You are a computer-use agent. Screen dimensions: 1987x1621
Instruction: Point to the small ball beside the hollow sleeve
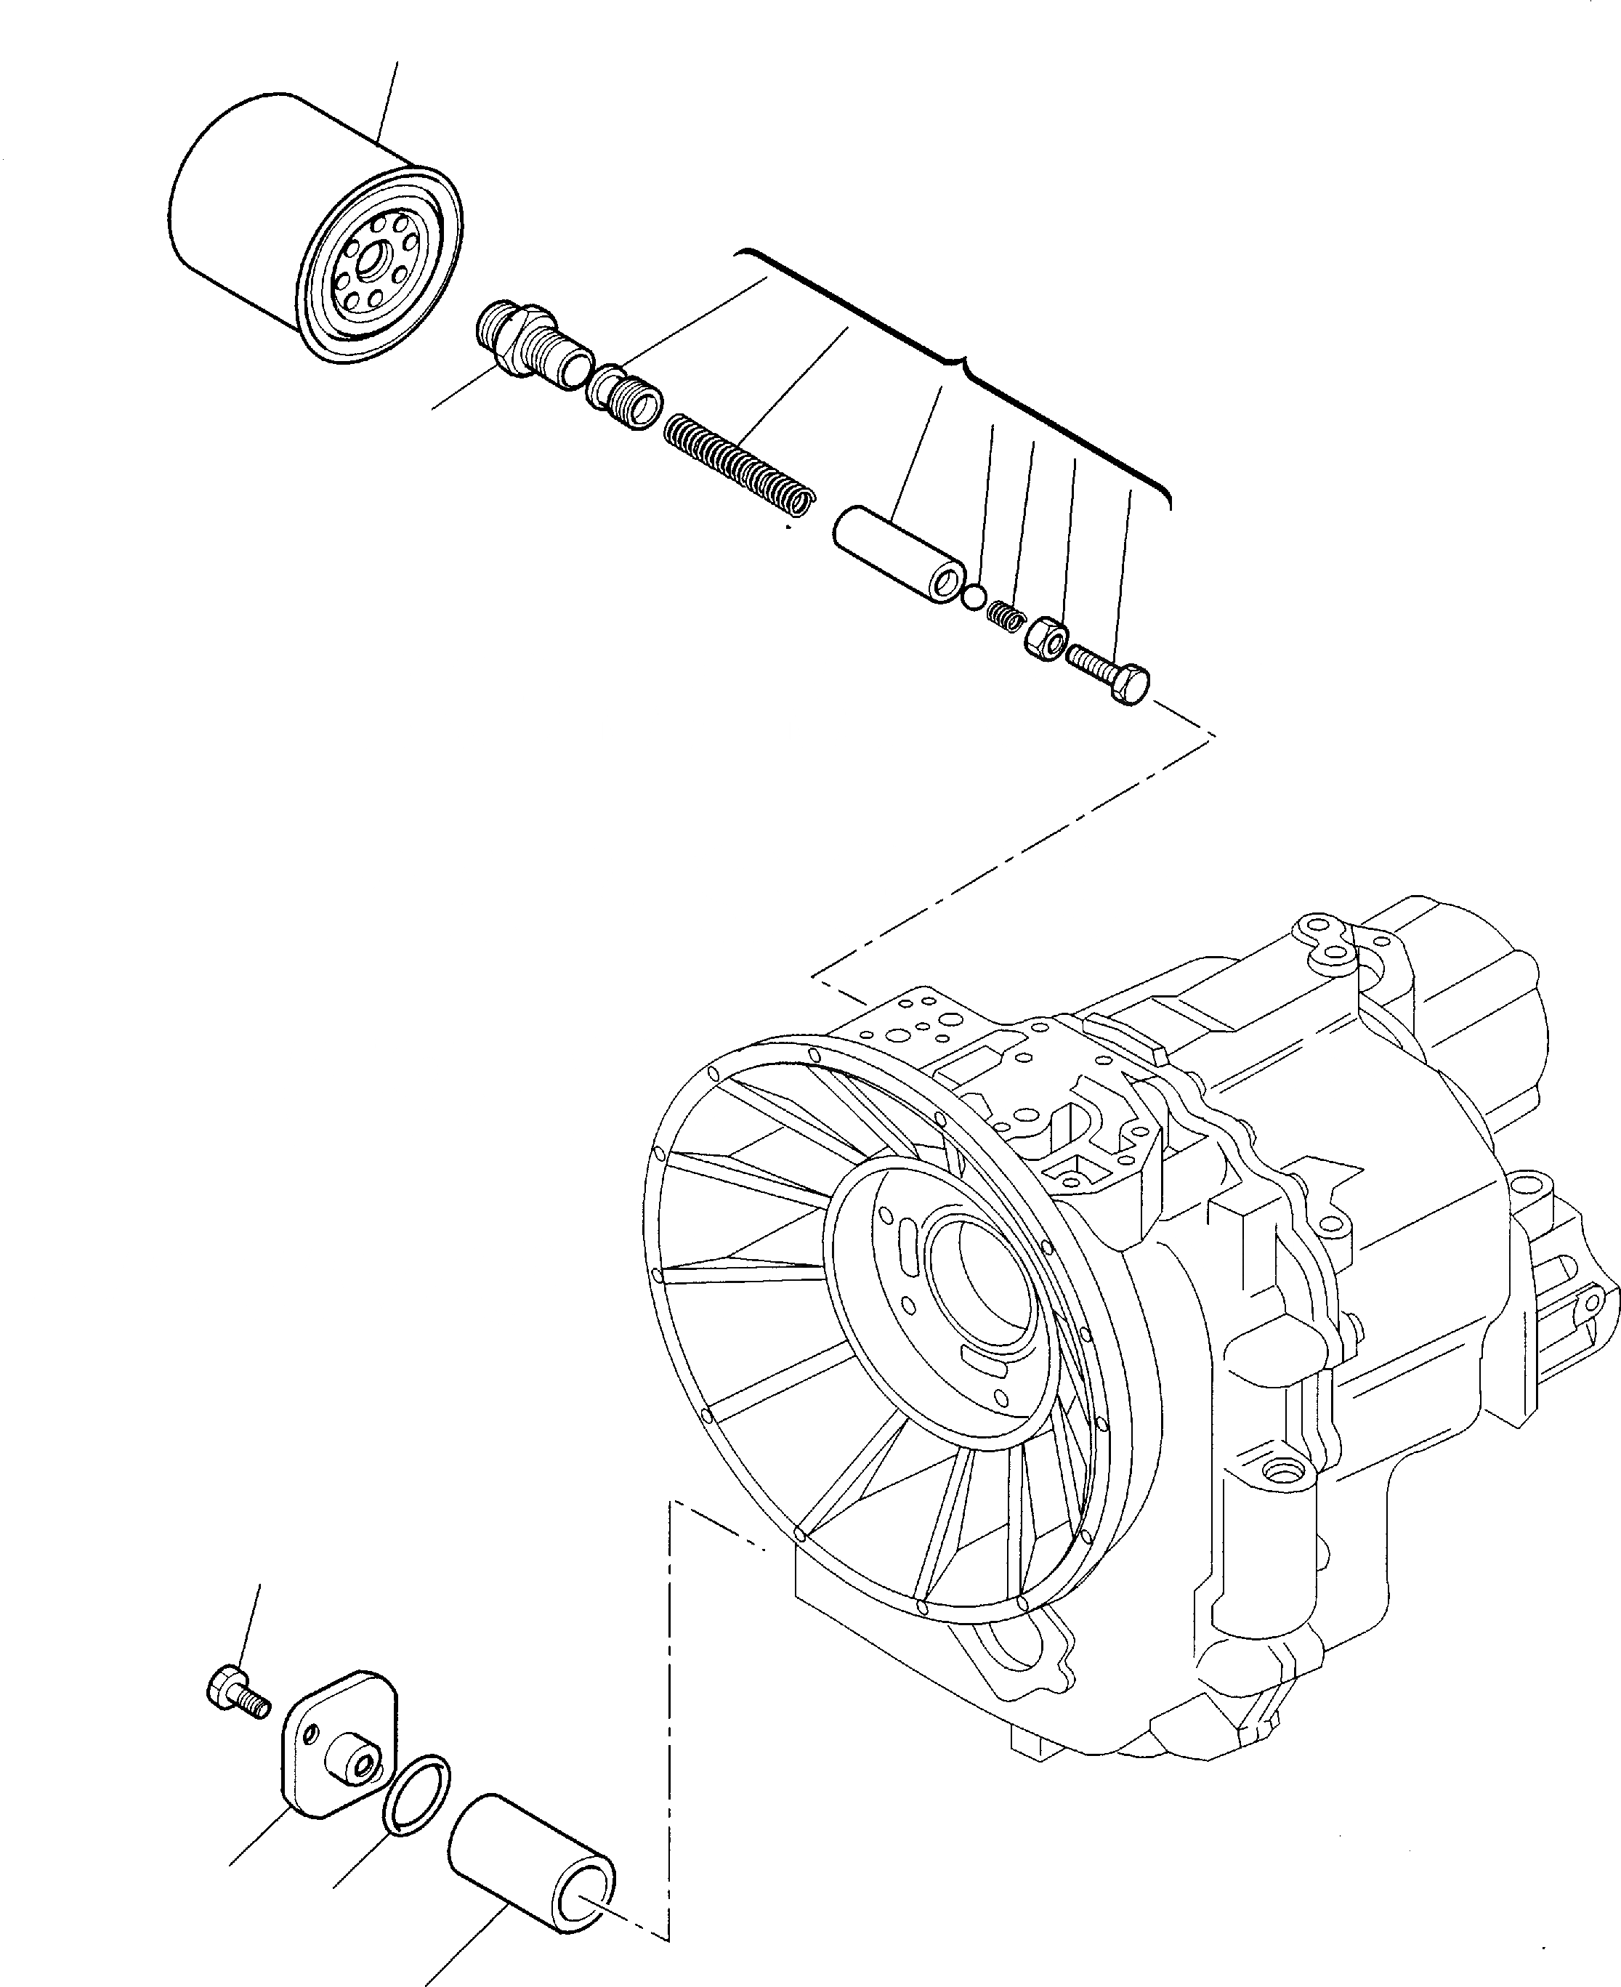(x=973, y=596)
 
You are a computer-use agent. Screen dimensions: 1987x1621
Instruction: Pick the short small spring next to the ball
(x=1005, y=615)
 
